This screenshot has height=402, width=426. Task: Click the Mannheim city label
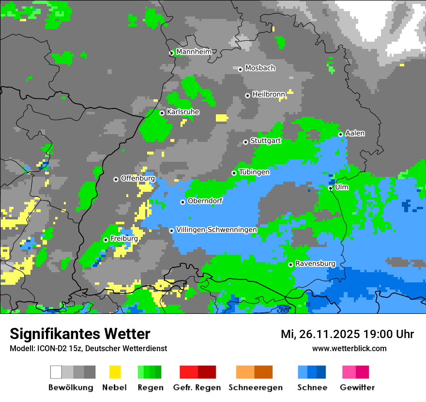[x=194, y=52]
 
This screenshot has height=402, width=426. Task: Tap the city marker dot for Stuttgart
[x=245, y=142]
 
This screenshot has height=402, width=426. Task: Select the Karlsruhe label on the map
[x=183, y=112]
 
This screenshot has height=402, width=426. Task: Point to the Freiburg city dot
[x=106, y=240]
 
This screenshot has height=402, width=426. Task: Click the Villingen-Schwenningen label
[x=216, y=230]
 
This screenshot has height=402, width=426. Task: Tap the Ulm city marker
[x=330, y=188]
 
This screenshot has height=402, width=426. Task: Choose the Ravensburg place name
[x=315, y=263]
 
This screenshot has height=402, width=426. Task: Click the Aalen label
[x=355, y=133]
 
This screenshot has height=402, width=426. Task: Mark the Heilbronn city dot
[x=247, y=95]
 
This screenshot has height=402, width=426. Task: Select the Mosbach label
[x=260, y=68]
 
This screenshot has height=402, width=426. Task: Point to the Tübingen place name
[x=254, y=172]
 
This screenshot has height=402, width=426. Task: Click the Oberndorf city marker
[x=183, y=202]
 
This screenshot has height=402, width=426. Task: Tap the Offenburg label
[x=137, y=178]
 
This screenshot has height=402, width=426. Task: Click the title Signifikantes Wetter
[x=80, y=334]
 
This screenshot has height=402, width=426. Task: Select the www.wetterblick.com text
[x=349, y=348]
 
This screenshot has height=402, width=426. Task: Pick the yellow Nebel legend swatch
[x=115, y=372]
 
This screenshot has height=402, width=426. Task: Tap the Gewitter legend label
[x=357, y=387]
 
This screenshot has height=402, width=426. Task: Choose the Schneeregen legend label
[x=255, y=387]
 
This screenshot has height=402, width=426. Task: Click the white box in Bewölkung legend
[x=56, y=372]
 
